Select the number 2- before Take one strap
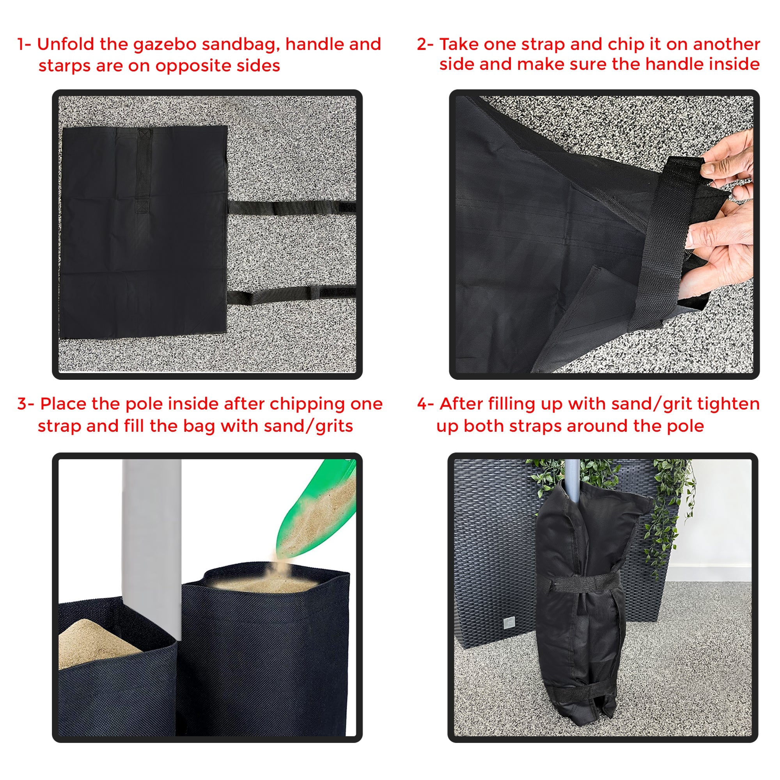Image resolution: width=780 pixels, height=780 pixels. pos(425,44)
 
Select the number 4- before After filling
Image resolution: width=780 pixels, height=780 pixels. pos(425,404)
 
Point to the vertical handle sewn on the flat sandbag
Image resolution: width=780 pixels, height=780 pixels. pos(143,170)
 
